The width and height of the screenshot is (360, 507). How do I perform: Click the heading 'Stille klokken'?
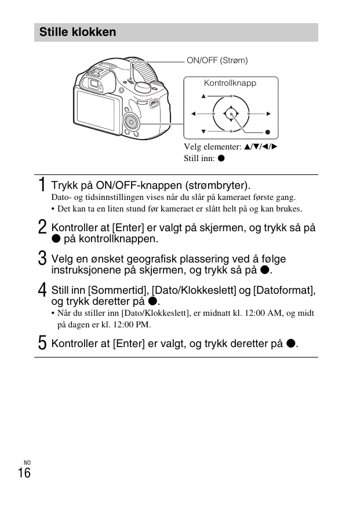[78, 32]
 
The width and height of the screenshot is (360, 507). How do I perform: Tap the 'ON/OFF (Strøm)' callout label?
[217, 60]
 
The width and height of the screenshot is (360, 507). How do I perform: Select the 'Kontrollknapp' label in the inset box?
[230, 83]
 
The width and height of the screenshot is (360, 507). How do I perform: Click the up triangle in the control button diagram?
[204, 96]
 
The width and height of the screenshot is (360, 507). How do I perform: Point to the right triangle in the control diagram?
[269, 114]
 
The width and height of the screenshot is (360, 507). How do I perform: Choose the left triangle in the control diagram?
[192, 114]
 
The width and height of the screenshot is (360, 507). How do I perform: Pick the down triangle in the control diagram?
[204, 131]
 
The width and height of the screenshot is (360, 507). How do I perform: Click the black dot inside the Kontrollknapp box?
[268, 133]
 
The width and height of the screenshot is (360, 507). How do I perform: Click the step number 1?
[42, 185]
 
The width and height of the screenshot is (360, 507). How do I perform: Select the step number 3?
[42, 259]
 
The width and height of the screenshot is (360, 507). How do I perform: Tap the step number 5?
[42, 344]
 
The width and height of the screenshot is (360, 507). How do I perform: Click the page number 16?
[24, 473]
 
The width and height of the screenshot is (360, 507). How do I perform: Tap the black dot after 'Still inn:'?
[221, 158]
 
